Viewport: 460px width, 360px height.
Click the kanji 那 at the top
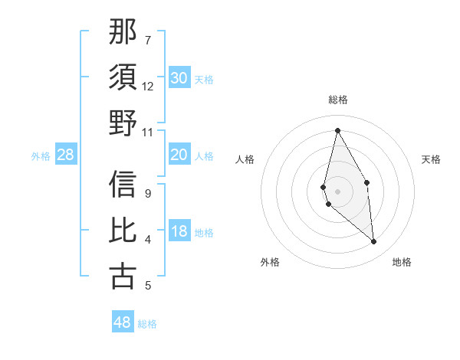123,32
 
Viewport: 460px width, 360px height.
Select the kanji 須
123,77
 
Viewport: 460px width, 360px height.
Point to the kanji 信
123,185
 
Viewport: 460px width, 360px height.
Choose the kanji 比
123,231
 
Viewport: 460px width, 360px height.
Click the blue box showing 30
179,78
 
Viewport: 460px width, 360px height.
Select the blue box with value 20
179,155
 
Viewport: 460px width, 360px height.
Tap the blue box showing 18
179,232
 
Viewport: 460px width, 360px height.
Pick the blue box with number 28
65,155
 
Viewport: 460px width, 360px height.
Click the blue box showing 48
123,322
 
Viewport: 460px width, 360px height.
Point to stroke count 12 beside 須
148,86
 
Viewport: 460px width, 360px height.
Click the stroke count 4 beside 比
148,240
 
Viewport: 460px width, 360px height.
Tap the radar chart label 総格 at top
338,100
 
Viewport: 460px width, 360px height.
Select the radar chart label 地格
402,262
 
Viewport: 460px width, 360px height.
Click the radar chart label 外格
270,262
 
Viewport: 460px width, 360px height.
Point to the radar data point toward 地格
374,242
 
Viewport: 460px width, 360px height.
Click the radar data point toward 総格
337,129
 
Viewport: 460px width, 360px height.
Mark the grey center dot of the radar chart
337,191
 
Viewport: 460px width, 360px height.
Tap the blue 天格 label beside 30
204,79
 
